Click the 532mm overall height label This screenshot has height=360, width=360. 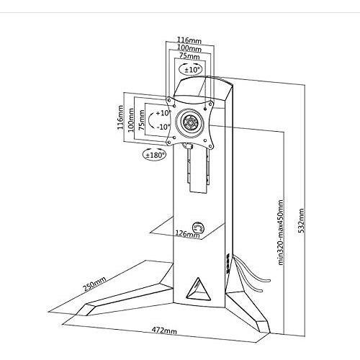point(301,221)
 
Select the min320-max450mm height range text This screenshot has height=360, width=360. point(281,232)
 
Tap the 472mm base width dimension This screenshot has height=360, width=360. point(164,330)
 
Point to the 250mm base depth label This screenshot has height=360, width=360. point(94,284)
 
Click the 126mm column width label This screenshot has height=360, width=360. point(187,233)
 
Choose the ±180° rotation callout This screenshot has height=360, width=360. point(154,155)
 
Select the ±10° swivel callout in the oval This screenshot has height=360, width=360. point(190,69)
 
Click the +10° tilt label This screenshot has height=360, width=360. point(163,113)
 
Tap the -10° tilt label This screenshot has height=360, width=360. point(163,127)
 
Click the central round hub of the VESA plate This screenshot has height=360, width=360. point(190,122)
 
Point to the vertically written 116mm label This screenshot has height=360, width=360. point(121,117)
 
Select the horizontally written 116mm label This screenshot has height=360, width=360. point(189,40)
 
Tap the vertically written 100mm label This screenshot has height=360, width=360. point(131,120)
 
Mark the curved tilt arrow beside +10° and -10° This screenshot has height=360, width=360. point(150,120)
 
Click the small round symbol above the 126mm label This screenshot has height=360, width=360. point(199,227)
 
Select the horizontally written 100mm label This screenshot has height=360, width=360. point(189,48)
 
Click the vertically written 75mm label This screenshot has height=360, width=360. point(141,120)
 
